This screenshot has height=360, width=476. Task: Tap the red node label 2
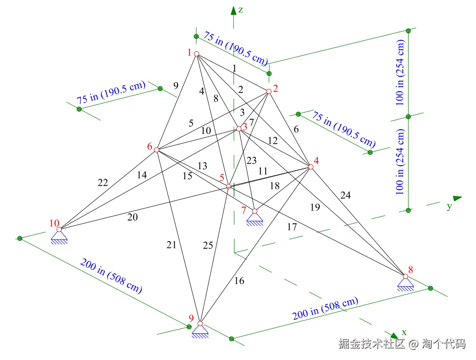click(276, 88)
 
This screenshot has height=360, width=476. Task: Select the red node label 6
click(150, 146)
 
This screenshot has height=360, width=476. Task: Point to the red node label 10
click(54, 223)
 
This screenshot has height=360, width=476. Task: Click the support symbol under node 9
click(200, 331)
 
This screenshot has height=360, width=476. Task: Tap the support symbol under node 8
click(405, 284)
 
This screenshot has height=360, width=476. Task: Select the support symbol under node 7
click(255, 218)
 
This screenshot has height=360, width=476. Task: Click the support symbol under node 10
click(59, 237)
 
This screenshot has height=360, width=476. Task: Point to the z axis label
click(241, 10)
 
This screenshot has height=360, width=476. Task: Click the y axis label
click(449, 206)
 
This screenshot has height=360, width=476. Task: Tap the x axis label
click(404, 332)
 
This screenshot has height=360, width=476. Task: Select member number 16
click(239, 281)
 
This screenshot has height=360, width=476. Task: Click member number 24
click(346, 195)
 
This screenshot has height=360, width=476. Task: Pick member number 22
click(103, 183)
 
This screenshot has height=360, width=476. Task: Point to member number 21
click(171, 244)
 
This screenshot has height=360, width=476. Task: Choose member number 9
click(175, 86)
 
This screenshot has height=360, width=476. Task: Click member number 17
click(292, 227)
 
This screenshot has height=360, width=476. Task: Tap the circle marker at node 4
click(311, 167)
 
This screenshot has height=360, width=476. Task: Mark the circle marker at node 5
click(229, 186)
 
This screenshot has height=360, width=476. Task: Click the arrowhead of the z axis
click(233, 11)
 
